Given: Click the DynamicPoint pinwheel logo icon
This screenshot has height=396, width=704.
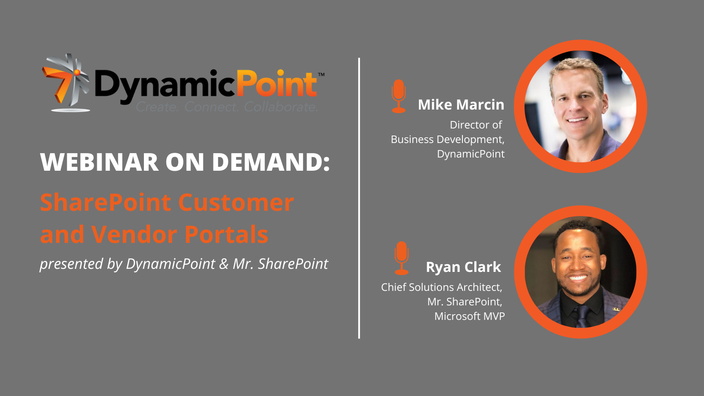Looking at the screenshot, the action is click(66, 82).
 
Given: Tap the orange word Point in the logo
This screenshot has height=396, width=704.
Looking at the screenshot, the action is click(276, 83).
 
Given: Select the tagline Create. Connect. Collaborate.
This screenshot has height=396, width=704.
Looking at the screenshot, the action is click(227, 107).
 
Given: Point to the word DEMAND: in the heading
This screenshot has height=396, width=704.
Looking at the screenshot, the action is click(271, 162).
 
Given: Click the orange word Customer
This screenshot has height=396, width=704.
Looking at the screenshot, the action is click(236, 203).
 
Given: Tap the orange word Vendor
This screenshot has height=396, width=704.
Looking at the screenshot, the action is click(135, 234).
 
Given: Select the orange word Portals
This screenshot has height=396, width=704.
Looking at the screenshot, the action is click(226, 234).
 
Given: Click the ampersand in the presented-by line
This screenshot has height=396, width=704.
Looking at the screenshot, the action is click(224, 264).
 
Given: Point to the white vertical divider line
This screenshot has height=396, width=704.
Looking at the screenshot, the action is click(359, 198).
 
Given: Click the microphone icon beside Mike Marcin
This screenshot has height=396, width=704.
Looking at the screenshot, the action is click(399, 96).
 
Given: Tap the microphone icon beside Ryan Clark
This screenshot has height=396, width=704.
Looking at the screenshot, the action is click(401, 258).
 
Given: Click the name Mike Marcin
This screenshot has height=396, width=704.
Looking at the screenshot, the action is click(461, 105).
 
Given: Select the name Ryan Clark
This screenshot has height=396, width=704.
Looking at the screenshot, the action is click(463, 267).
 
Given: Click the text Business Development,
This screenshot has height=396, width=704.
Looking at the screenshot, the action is click(447, 139).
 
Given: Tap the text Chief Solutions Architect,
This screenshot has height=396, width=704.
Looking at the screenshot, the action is click(442, 287).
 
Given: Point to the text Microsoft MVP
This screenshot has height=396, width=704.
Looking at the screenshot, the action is click(469, 316).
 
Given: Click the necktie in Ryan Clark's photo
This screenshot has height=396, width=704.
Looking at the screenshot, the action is click(583, 316).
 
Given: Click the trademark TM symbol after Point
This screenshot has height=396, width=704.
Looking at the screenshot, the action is click(321, 74).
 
